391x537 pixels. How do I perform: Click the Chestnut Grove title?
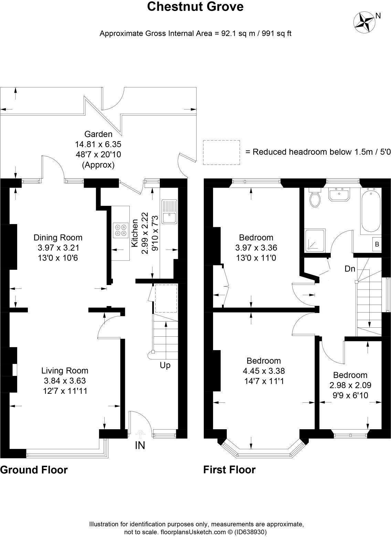tap(195, 7)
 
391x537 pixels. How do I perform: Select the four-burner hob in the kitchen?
tap(120, 230)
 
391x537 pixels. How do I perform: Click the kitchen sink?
tap(169, 212)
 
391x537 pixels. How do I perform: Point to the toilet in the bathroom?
tap(315, 197)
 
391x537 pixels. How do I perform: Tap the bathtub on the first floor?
tap(371, 210)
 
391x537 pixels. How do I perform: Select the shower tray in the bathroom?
tap(315, 241)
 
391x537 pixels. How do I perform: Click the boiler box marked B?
tap(377, 244)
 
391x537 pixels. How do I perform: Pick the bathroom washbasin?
tap(339, 193)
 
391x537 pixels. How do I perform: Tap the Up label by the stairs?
tap(165, 365)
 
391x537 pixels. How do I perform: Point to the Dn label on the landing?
tap(350, 269)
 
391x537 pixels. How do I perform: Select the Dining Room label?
tap(58, 237)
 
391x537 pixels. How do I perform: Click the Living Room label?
tap(65, 370)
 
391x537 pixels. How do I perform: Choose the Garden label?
tap(98, 134)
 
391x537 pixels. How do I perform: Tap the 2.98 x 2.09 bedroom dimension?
tap(350, 385)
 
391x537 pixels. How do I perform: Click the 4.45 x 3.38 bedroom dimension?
tap(264, 371)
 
